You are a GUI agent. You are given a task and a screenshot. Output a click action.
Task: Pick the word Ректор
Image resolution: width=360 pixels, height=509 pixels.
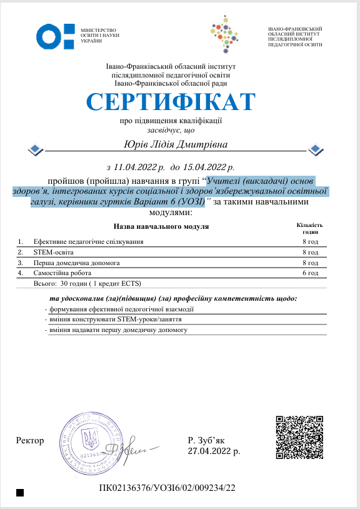[x=31, y=441]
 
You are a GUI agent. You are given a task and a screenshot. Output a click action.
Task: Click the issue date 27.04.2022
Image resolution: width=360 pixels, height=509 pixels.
[x=209, y=450]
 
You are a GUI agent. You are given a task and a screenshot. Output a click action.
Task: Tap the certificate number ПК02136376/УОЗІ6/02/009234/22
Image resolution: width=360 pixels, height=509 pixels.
[x=167, y=487]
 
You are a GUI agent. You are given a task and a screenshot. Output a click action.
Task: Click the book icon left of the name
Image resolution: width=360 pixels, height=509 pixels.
[x=36, y=149]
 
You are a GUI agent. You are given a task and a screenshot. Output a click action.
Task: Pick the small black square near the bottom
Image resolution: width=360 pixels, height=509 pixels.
[x=19, y=493]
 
